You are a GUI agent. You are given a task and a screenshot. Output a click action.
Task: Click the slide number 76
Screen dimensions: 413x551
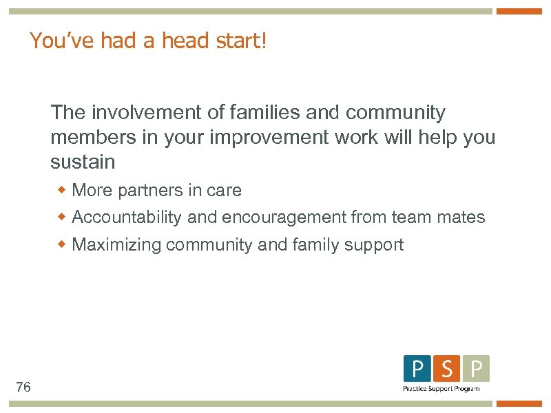click(x=23, y=388)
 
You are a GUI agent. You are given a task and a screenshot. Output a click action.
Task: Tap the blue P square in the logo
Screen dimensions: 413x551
click(x=417, y=369)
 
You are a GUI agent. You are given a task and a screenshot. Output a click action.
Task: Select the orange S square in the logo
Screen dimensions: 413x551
click(x=447, y=369)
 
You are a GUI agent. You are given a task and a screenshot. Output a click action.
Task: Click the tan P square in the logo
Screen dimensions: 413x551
click(x=476, y=369)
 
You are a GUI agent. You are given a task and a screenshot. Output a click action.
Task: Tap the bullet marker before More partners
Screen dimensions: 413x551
click(x=62, y=189)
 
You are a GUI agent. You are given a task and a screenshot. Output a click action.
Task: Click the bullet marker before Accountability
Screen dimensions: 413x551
click(x=62, y=217)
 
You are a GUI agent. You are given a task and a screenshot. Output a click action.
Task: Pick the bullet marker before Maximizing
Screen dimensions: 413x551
click(x=62, y=244)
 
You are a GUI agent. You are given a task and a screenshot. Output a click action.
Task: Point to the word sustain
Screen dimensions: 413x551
click(x=83, y=162)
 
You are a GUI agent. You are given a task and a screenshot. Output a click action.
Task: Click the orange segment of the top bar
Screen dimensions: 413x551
click(x=519, y=12)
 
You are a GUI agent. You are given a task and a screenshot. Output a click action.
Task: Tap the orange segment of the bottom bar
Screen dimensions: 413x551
click(x=519, y=403)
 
